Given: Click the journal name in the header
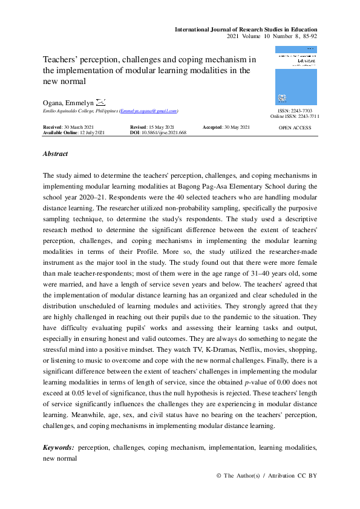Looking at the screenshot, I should (x=246, y=30).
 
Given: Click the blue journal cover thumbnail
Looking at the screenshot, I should (x=295, y=76).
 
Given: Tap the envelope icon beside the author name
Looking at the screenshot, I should (x=100, y=103).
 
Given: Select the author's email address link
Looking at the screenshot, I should (x=148, y=112).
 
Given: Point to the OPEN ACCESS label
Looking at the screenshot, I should (x=295, y=128).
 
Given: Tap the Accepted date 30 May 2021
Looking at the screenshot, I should (x=237, y=128).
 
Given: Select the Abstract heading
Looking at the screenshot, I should (x=55, y=154).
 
